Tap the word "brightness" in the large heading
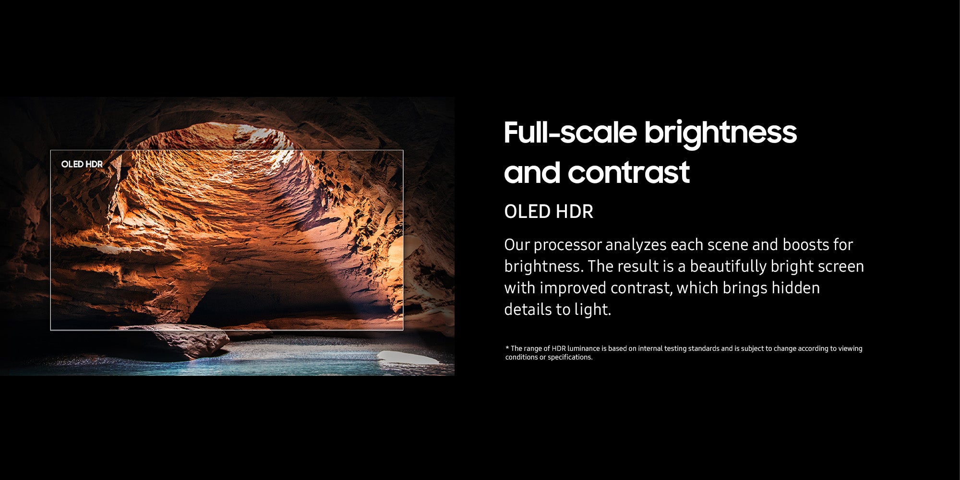point(720,133)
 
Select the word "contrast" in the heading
point(629,173)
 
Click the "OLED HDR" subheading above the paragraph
point(549,212)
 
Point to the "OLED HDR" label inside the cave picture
point(82,164)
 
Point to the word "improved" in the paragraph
point(573,288)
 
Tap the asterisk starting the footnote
point(507,347)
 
